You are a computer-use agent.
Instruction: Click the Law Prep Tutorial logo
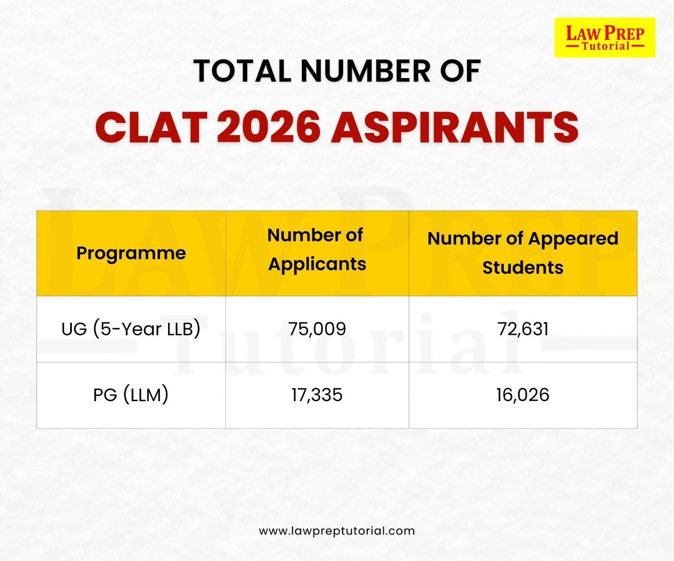pyautogui.click(x=605, y=38)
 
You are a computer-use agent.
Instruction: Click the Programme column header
pyautogui.click(x=131, y=253)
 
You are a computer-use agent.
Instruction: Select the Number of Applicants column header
pyautogui.click(x=317, y=250)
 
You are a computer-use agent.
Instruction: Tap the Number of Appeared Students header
pyautogui.click(x=523, y=253)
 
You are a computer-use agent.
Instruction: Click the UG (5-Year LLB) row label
pyautogui.click(x=131, y=329)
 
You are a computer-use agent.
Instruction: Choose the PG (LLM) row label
pyautogui.click(x=131, y=395)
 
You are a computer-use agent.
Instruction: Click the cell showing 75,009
pyautogui.click(x=317, y=329)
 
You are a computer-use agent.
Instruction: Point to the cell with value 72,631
pyautogui.click(x=523, y=329)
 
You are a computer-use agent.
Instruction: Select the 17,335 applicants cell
pyautogui.click(x=317, y=395)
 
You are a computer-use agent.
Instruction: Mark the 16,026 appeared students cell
pyautogui.click(x=523, y=395)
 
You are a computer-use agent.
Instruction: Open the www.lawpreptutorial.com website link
pyautogui.click(x=337, y=531)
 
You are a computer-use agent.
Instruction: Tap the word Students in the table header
pyautogui.click(x=523, y=267)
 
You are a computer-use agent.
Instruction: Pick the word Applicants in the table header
pyautogui.click(x=317, y=264)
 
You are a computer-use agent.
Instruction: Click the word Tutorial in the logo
pyautogui.click(x=606, y=46)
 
